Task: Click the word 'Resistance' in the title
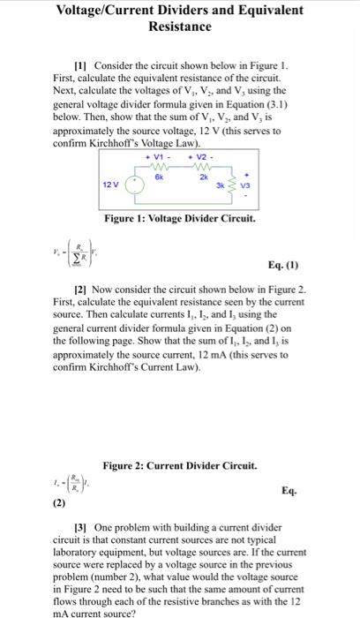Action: [x=179, y=26]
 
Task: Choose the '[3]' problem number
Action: [x=81, y=527]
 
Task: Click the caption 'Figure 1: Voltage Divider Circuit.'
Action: [x=179, y=218]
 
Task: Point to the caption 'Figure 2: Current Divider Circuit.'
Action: [x=179, y=465]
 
